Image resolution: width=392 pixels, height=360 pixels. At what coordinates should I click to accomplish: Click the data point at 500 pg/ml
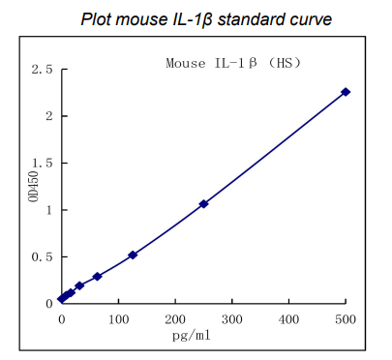[346, 92]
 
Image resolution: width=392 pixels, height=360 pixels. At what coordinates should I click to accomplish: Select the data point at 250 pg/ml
[203, 203]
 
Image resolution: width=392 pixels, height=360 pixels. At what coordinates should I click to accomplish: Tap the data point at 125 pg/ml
[133, 255]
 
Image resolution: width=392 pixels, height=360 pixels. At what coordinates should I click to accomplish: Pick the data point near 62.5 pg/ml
[97, 276]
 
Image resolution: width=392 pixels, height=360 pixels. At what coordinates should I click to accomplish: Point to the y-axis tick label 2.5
[42, 70]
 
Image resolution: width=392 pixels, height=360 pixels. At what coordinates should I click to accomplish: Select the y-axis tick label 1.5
[42, 164]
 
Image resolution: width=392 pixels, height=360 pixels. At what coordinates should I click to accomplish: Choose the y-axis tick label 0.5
[42, 256]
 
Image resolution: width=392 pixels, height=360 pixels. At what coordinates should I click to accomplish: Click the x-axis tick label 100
[118, 317]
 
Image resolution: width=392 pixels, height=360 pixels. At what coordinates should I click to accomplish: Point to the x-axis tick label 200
[175, 317]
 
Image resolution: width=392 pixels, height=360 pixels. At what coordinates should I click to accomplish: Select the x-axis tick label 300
[232, 317]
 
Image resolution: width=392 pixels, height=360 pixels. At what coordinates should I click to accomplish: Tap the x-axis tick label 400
[288, 317]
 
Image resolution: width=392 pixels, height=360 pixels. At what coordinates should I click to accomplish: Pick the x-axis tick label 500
[346, 317]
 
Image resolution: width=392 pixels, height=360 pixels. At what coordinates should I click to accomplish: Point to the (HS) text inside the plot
[286, 63]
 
